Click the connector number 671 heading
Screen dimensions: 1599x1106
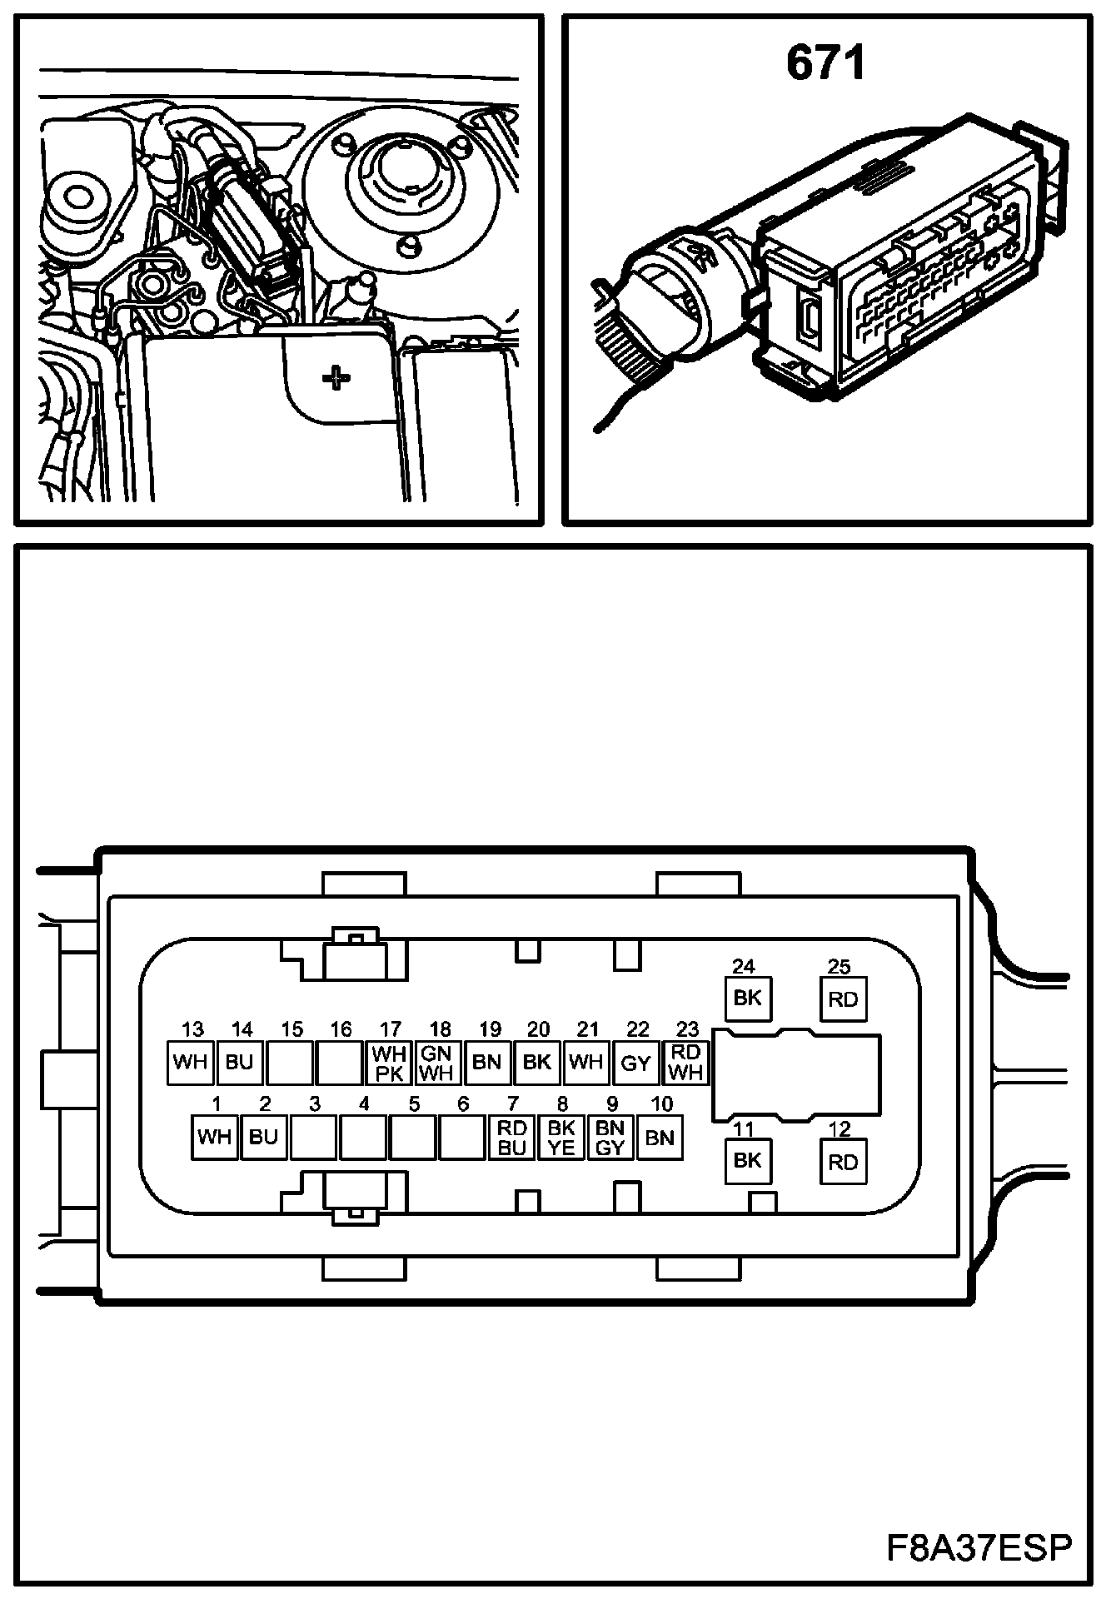[x=825, y=64]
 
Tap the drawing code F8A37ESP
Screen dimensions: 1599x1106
[x=978, y=1548]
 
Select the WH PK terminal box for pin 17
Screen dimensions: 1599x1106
[x=389, y=1064]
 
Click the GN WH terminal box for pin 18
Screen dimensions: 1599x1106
[x=437, y=1064]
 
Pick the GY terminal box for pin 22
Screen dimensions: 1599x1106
[x=636, y=1064]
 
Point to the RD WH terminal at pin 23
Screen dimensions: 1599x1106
[x=685, y=1064]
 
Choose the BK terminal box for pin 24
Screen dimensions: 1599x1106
[x=747, y=998]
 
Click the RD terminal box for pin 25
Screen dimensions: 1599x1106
[x=843, y=999]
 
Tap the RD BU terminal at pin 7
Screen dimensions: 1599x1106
[x=511, y=1138]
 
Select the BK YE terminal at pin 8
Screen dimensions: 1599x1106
[x=561, y=1138]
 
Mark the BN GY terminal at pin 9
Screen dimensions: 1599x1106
[x=610, y=1138]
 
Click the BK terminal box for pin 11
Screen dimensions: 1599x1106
[x=747, y=1160]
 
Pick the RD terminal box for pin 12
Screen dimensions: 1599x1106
[x=843, y=1161]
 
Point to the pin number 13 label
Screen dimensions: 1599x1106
[x=192, y=1029]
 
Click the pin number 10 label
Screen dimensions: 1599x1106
[x=661, y=1104]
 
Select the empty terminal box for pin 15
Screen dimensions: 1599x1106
[x=291, y=1064]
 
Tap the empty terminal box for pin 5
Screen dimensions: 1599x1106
[x=413, y=1138]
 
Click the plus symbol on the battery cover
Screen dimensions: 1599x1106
[x=336, y=379]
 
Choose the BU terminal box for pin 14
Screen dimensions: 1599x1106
[x=239, y=1064]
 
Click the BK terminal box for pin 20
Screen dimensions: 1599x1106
[x=537, y=1064]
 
